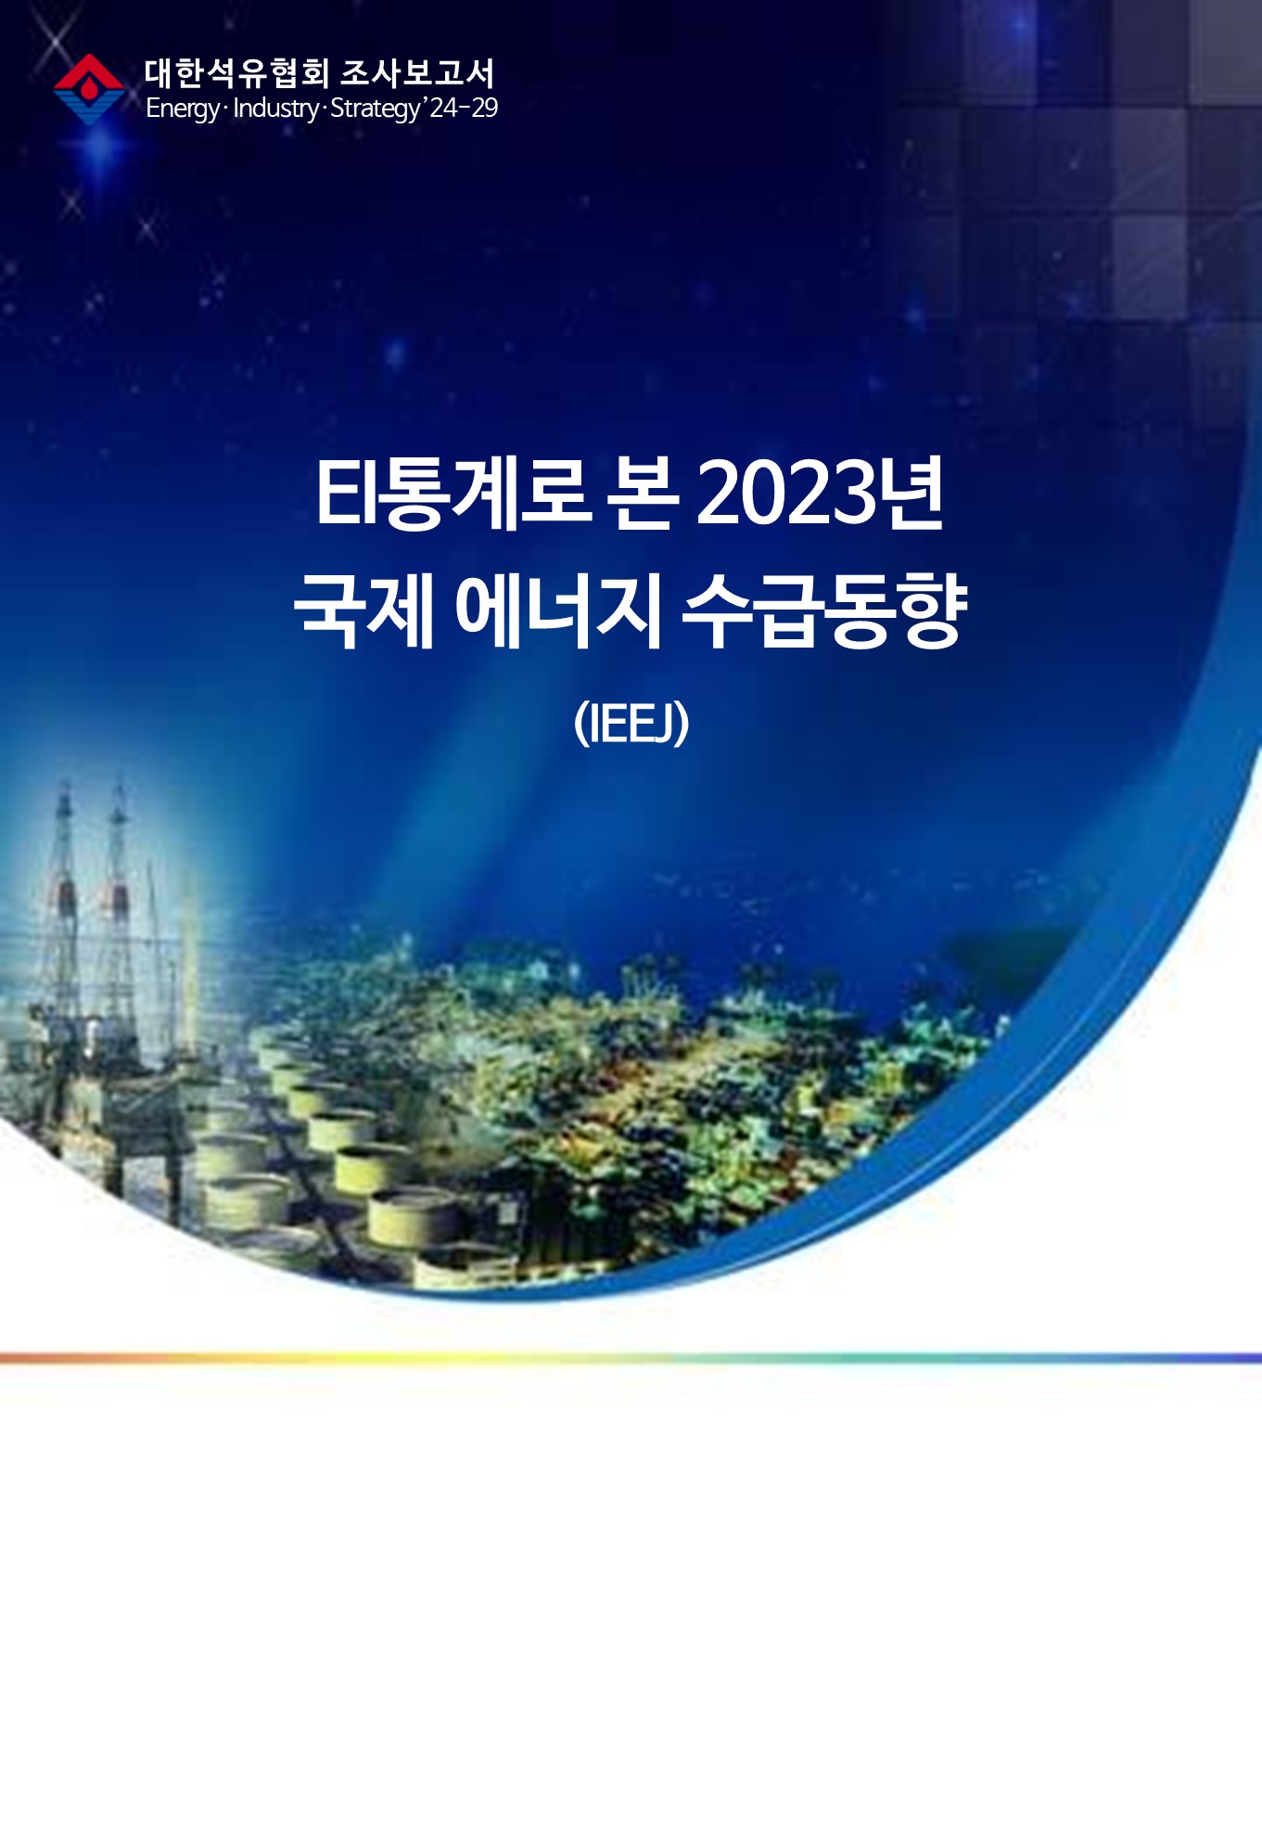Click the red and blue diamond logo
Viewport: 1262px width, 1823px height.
(x=89, y=89)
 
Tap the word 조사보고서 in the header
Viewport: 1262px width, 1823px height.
(x=418, y=73)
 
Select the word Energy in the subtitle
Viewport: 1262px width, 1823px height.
(x=183, y=109)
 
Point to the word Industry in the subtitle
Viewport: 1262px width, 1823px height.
(x=275, y=109)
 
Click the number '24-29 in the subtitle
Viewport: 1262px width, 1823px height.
(x=461, y=108)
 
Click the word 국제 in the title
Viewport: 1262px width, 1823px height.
(x=364, y=610)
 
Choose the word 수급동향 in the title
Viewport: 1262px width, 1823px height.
(x=825, y=610)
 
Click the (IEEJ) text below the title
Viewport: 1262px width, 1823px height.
(x=631, y=724)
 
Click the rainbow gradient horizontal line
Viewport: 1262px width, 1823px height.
(x=631, y=1358)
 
